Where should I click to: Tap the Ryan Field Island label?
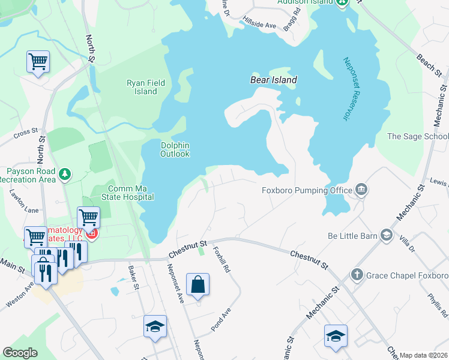142,88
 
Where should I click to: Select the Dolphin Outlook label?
175,149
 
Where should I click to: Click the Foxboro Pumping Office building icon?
361,190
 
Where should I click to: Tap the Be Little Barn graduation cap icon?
387,235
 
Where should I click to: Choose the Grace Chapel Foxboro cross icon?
357,275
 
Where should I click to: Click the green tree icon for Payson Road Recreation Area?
65,175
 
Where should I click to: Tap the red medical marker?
92,234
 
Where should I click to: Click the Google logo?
20,352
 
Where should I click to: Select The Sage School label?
418,136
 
